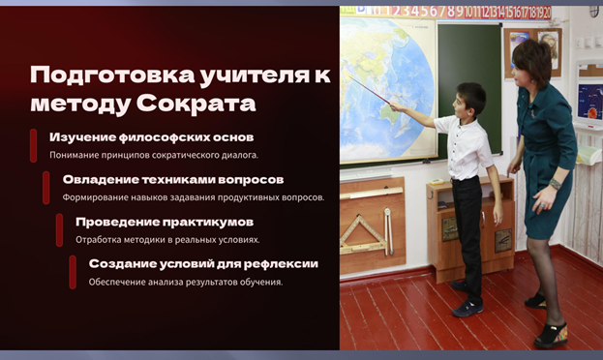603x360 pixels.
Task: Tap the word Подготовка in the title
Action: click(112, 75)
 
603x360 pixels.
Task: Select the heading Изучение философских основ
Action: click(152, 137)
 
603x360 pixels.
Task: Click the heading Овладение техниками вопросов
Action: click(173, 180)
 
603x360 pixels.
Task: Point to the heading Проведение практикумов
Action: click(165, 222)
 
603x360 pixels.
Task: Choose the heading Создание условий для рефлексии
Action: click(203, 264)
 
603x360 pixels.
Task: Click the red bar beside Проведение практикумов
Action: click(59, 230)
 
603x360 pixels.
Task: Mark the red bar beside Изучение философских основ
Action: click(34, 145)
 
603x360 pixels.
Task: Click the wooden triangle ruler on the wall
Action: click(362, 235)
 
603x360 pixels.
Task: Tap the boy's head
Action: click(470, 100)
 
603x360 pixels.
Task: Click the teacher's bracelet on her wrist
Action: click(555, 184)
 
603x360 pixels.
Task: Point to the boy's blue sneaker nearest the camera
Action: click(467, 309)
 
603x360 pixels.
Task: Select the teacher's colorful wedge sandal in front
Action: click(551, 335)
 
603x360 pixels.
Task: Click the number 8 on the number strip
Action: click(451, 12)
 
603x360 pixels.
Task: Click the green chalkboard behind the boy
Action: click(469, 88)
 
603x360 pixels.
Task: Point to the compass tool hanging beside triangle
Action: click(388, 231)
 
